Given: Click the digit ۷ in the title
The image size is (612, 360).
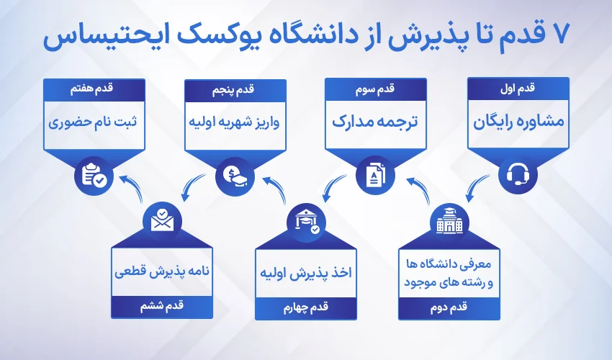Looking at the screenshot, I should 554,35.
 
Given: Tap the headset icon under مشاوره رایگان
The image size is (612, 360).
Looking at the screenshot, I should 518,174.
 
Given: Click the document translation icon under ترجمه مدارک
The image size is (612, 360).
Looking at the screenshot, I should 377,174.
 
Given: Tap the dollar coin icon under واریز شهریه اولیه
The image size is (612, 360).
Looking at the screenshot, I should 235,174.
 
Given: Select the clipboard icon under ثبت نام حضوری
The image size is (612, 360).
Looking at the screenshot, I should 94,174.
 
